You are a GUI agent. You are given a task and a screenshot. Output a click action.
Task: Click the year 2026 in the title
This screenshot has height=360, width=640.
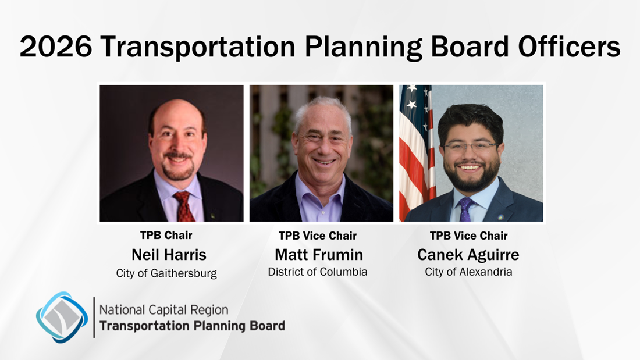click(56, 46)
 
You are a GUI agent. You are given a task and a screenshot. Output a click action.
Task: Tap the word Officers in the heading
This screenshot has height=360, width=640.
click(570, 46)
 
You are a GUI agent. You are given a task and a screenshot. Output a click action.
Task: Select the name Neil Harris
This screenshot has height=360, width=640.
click(169, 255)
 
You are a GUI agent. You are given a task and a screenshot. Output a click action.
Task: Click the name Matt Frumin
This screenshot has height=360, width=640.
click(319, 255)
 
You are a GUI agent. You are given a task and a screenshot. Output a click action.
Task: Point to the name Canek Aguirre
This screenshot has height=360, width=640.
click(468, 255)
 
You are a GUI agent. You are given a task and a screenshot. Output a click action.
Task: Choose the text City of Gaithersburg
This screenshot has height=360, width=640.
click(166, 273)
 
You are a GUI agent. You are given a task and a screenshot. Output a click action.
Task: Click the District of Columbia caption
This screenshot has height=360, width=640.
click(318, 272)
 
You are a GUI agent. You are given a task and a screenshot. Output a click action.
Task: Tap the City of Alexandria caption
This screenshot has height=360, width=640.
click(468, 272)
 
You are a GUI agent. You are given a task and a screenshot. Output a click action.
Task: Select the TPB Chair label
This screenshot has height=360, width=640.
click(166, 235)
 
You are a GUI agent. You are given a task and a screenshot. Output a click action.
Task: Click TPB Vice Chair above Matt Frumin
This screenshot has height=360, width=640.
click(318, 236)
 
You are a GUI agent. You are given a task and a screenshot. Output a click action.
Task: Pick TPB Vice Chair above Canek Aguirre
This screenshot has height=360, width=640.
click(468, 236)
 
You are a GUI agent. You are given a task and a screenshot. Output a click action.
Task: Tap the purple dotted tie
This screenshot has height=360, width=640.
click(464, 209)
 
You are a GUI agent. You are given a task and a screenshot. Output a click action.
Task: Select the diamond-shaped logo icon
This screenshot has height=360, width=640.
click(62, 317)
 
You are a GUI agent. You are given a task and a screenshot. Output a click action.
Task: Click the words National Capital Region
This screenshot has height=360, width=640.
click(163, 310)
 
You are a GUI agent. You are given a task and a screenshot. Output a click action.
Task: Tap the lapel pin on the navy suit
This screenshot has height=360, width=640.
click(500, 217)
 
